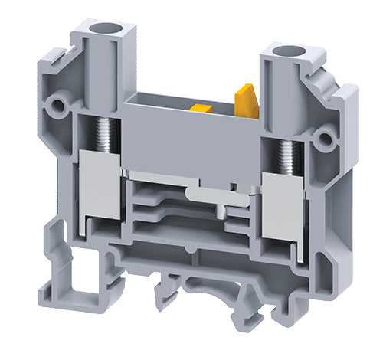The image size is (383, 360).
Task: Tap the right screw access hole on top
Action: (x=290, y=54)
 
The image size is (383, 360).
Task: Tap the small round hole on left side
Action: (x=55, y=103)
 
